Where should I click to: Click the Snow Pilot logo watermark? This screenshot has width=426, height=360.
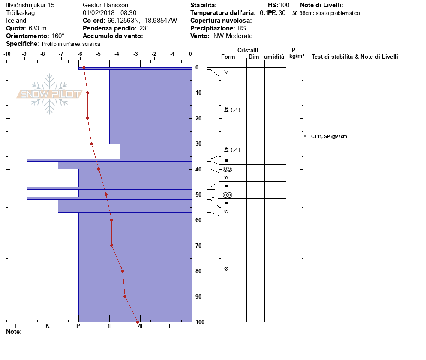coord(50,94)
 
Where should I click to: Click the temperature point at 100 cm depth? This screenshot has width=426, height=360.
coord(138,322)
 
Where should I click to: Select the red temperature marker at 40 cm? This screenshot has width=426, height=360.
coord(99,169)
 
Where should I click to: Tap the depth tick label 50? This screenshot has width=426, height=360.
coord(198,195)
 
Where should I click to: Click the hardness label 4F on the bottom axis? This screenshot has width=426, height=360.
coord(140,326)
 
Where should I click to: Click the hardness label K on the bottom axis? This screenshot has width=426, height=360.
coord(47,326)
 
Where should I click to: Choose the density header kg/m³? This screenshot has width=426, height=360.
coord(297,56)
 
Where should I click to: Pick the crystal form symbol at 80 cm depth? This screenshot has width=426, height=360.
coord(226,269)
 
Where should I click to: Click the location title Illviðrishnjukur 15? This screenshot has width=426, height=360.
coord(30,5)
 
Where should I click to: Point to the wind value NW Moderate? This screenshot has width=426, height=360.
coord(233,36)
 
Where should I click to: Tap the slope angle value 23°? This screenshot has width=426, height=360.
coord(144,28)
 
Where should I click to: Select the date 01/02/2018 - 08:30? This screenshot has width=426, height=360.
coord(109,13)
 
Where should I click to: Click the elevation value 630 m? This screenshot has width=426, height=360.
coord(38,28)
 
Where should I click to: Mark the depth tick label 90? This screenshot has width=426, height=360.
coord(198,297)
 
